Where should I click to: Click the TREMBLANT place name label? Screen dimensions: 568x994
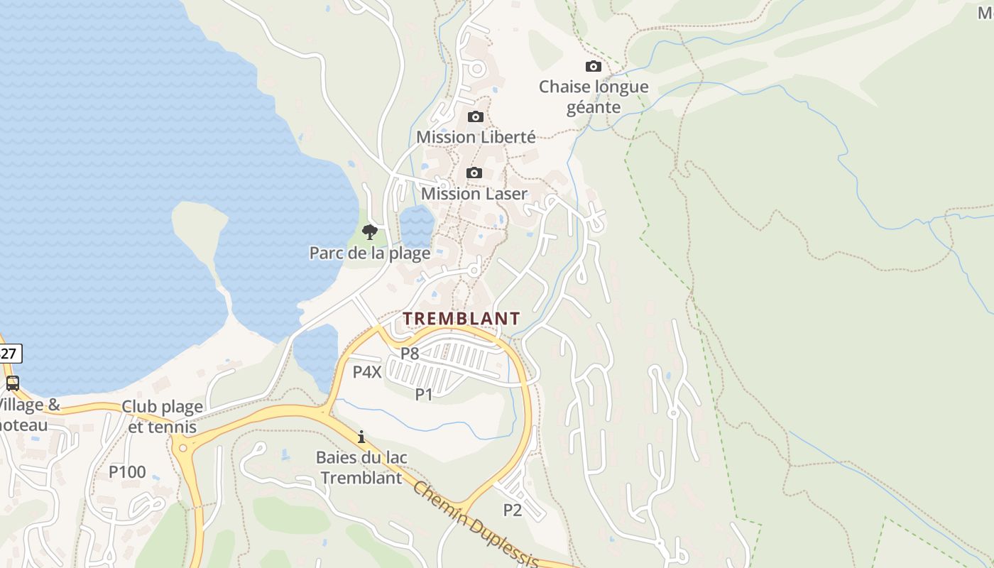pos(461,319)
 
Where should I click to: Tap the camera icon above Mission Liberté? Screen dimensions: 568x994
pos(476,117)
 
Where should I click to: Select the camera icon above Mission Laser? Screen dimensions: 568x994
pos(474,173)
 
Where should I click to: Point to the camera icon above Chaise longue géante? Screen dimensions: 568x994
pos(593,67)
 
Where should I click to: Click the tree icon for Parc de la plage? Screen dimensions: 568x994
pos(369,231)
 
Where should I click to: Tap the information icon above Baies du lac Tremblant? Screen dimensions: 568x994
pos(361,437)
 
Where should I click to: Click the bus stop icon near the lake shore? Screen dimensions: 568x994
pos(12,383)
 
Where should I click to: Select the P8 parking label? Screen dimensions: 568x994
pos(410,353)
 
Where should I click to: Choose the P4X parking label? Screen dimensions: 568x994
pos(367,371)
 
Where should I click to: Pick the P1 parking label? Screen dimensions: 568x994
pos(424,394)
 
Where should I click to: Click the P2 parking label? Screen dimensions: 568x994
pos(512,510)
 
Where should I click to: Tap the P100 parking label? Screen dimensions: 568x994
pos(127,471)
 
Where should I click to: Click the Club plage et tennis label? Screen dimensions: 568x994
pos(162,417)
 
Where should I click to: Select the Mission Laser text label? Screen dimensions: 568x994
pos(474,194)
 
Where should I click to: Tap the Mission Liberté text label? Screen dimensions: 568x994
pos(476,137)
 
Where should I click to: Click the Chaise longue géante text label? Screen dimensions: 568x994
pos(594,97)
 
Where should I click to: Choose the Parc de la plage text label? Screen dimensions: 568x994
pos(369,253)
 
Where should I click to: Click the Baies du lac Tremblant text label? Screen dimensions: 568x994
pos(361,467)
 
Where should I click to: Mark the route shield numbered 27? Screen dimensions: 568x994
pos(9,353)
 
